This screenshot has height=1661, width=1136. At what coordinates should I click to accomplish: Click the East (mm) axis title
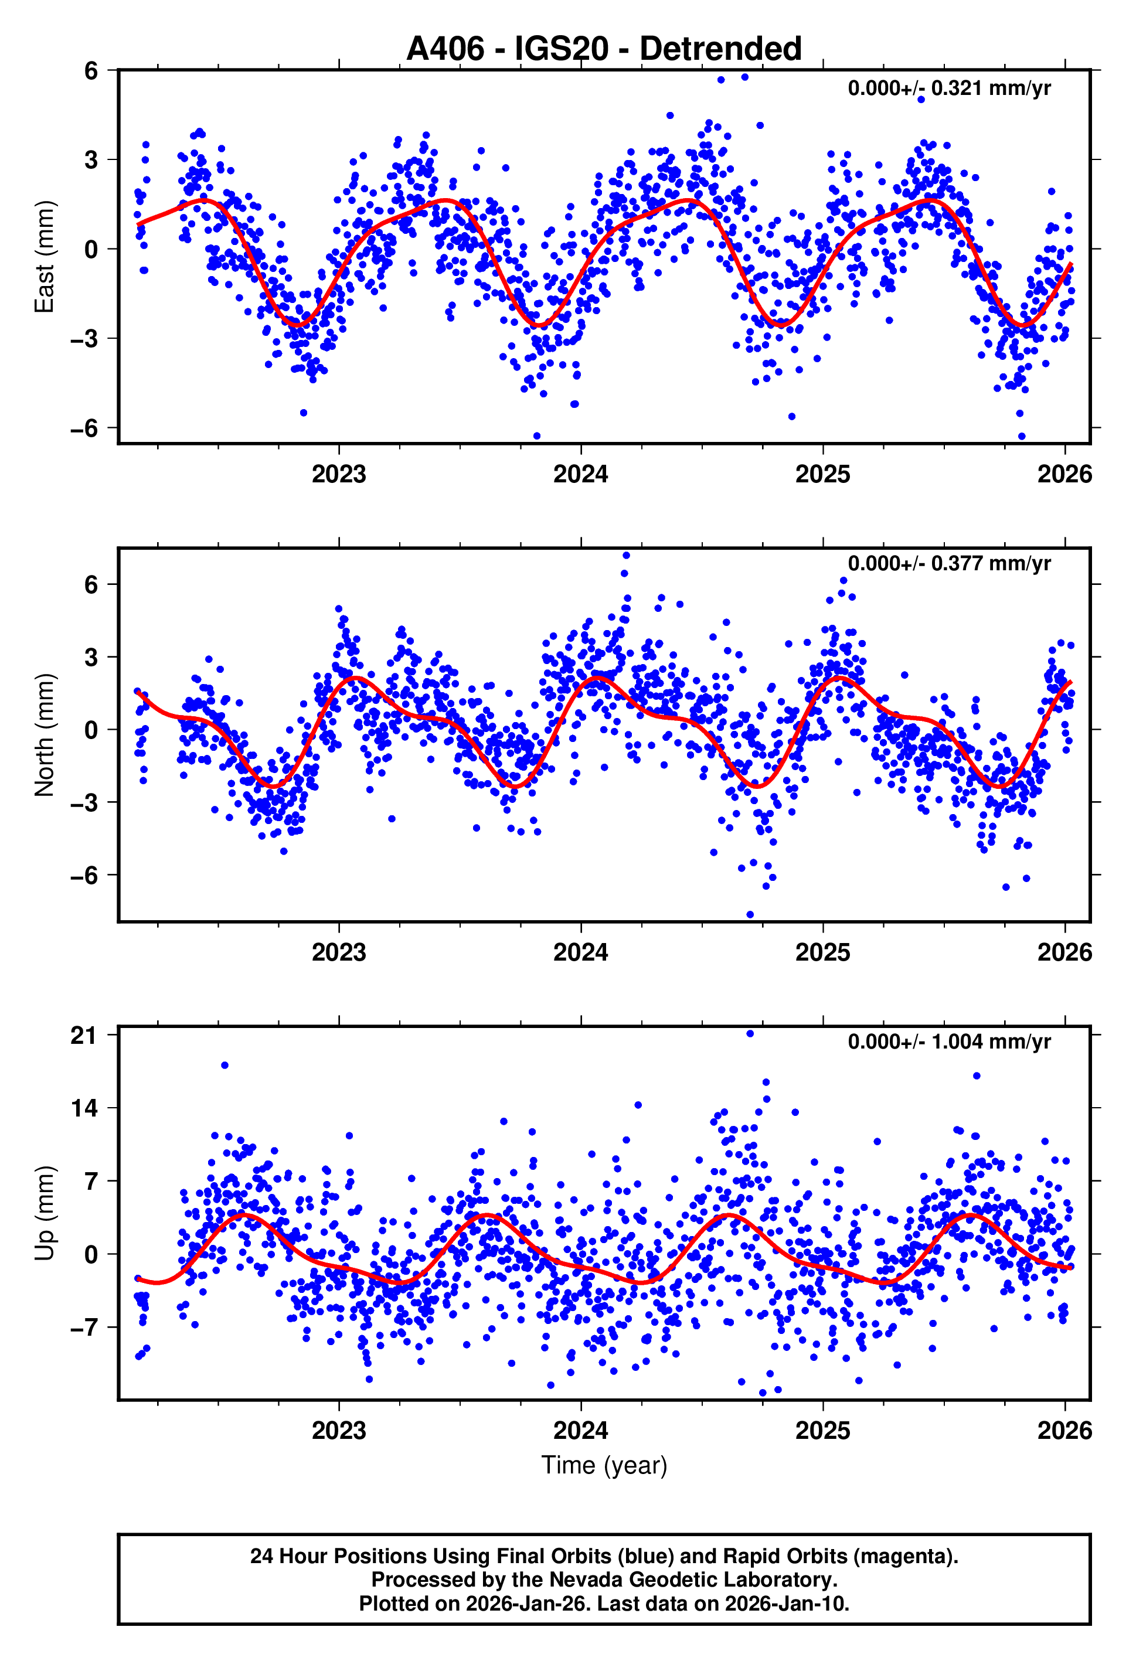tap(45, 257)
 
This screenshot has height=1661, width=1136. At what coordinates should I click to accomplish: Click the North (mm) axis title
tap(45, 735)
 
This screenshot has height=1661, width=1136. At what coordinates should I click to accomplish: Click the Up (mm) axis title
tap(45, 1213)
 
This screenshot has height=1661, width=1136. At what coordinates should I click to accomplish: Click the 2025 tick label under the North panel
tap(822, 952)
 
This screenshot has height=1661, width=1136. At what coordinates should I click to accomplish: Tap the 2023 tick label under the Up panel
tap(338, 1430)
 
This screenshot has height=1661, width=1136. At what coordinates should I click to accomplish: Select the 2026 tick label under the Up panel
tap(1064, 1430)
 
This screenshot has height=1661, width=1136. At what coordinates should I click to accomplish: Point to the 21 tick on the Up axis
tap(84, 1036)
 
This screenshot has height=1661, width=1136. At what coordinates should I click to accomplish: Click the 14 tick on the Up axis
tap(84, 1108)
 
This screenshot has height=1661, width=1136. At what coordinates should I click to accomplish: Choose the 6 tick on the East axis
tap(90, 71)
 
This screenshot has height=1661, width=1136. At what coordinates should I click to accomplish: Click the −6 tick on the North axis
tap(84, 876)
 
